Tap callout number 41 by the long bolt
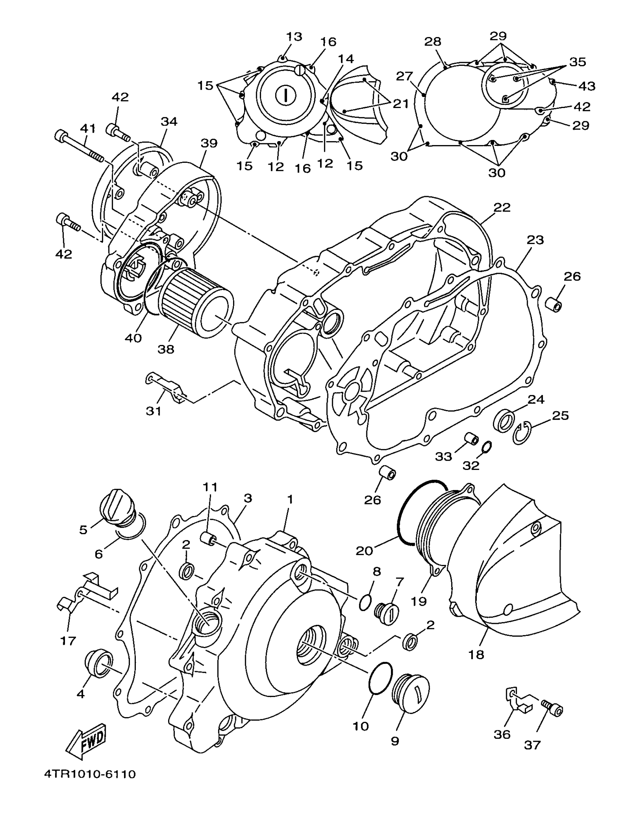click(x=88, y=129)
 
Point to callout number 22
click(x=502, y=207)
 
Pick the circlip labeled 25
click(x=522, y=433)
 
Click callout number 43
click(x=587, y=86)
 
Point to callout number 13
click(x=294, y=37)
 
